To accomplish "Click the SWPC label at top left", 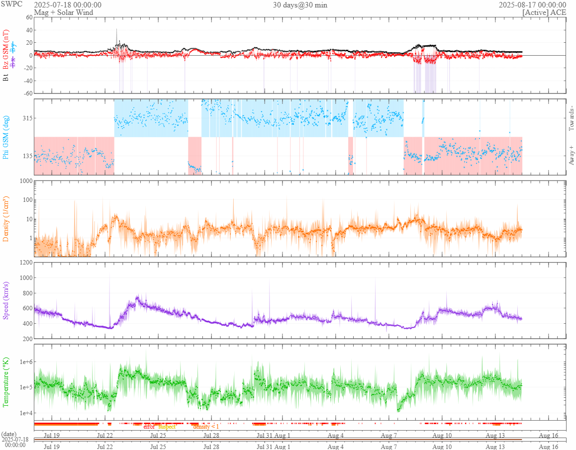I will pos(12,4).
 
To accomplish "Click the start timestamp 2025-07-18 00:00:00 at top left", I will pos(68,4).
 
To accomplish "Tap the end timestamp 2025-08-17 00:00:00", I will pos(532,4).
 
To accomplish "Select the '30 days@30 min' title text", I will pos(300,4).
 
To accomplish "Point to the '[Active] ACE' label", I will pos(544,12).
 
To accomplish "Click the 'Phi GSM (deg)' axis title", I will pos(6,137).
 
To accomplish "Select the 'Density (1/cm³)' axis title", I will pos(6,219).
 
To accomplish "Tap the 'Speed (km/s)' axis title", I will pos(6,300).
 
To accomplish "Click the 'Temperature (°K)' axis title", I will pos(6,382).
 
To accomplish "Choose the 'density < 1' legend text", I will pos(205,427).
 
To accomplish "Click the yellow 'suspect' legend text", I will pos(167,427).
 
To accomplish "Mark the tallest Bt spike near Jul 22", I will pos(116,30).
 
